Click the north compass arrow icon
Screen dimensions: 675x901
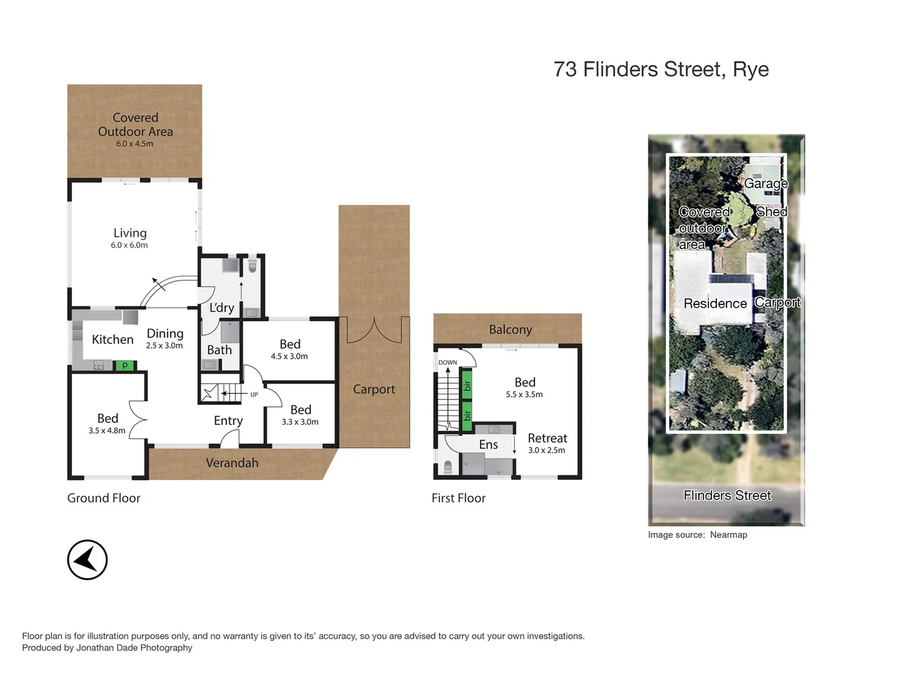pyautogui.click(x=87, y=559)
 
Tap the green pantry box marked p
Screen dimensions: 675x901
pyautogui.click(x=125, y=365)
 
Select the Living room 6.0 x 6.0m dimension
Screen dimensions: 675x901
pyautogui.click(x=130, y=246)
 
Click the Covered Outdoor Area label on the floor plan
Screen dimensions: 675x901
pyautogui.click(x=135, y=124)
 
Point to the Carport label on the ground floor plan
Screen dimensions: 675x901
pyautogui.click(x=374, y=389)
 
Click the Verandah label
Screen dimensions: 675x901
pyautogui.click(x=232, y=463)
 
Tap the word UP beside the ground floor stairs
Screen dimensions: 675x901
pyautogui.click(x=254, y=394)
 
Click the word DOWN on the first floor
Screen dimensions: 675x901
pyautogui.click(x=447, y=362)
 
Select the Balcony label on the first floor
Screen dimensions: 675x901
pyautogui.click(x=511, y=329)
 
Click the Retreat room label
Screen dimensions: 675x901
pyautogui.click(x=547, y=438)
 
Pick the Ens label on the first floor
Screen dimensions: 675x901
pyautogui.click(x=489, y=444)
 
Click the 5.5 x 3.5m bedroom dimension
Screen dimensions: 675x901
pyautogui.click(x=524, y=395)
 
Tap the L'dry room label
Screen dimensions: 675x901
pyautogui.click(x=221, y=307)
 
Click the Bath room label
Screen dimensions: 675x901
pyautogui.click(x=220, y=350)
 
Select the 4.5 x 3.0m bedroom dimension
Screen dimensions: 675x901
pyautogui.click(x=289, y=357)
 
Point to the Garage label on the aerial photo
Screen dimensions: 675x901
pyautogui.click(x=765, y=183)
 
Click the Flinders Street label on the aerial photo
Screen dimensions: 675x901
pyautogui.click(x=727, y=496)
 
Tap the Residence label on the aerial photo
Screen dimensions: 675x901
pyautogui.click(x=715, y=304)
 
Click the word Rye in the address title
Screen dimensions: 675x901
pyautogui.click(x=751, y=69)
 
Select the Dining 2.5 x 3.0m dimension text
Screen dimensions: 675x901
pyautogui.click(x=165, y=346)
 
